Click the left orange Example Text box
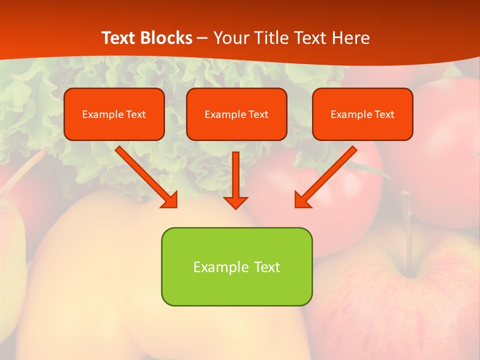(114, 114)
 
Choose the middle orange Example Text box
(236, 114)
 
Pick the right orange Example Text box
(362, 114)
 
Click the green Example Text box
(236, 266)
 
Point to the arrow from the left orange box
(145, 176)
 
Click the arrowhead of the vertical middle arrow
(236, 202)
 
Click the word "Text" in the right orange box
(384, 114)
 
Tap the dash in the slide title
(202, 38)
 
